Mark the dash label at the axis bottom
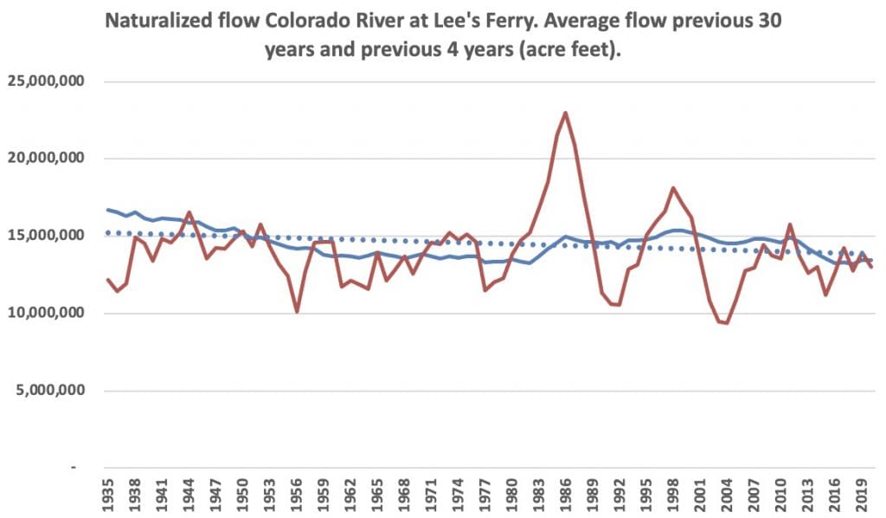74,467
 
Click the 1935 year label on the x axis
108,495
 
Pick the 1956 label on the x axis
297,495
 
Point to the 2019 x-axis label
862,495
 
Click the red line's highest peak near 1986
565,113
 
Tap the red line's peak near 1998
673,188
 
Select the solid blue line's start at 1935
108,210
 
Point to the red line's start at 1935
108,280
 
